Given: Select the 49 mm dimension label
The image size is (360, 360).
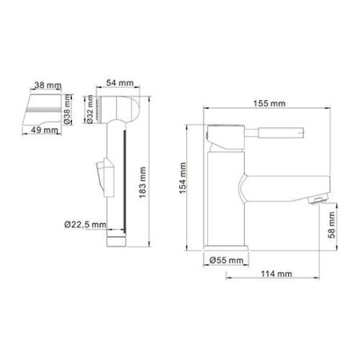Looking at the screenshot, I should (x=44, y=127).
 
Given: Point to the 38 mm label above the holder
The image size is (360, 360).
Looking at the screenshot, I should (x=44, y=82).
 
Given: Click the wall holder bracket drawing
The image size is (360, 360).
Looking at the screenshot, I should (x=45, y=105).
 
